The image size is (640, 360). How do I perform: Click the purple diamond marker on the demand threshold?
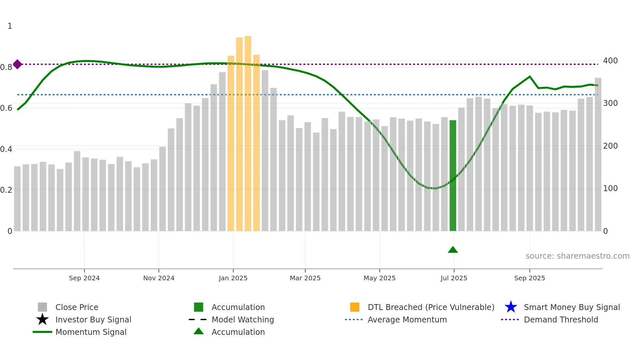click(18, 64)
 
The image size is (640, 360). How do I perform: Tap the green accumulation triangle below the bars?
click(453, 250)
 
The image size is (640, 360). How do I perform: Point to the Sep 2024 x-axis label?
click(84, 278)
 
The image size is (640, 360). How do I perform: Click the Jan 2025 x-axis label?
click(233, 278)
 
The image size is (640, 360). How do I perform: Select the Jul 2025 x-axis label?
click(454, 278)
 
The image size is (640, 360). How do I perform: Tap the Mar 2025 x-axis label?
click(305, 278)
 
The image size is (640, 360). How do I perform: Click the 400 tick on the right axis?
click(610, 61)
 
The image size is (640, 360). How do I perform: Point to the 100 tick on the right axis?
click(610, 188)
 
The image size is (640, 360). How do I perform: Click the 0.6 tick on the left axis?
click(7, 108)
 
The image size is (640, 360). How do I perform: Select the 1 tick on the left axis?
click(10, 26)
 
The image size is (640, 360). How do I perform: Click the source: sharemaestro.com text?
click(578, 256)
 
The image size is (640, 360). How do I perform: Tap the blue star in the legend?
click(511, 307)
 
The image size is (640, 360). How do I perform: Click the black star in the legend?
click(42, 319)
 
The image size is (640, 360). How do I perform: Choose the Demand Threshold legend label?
click(561, 319)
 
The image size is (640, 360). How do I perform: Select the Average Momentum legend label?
click(407, 319)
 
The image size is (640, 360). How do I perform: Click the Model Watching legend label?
click(243, 319)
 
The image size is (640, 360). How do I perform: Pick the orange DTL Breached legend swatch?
click(355, 307)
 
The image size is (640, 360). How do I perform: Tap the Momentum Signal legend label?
click(91, 332)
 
